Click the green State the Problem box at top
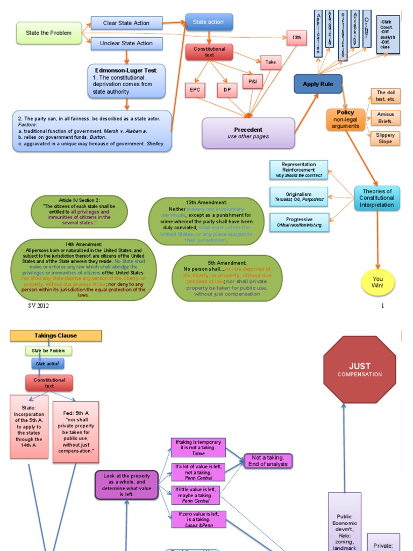(49, 33)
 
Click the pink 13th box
(296, 38)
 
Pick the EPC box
(194, 90)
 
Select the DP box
(227, 90)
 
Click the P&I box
(252, 81)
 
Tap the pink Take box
(270, 62)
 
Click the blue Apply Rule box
(318, 84)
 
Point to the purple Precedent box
(248, 132)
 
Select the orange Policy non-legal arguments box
(345, 119)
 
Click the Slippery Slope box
(385, 138)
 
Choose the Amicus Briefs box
(385, 117)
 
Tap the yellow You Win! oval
(378, 282)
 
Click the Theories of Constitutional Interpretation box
(377, 198)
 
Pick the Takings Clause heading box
(55, 336)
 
